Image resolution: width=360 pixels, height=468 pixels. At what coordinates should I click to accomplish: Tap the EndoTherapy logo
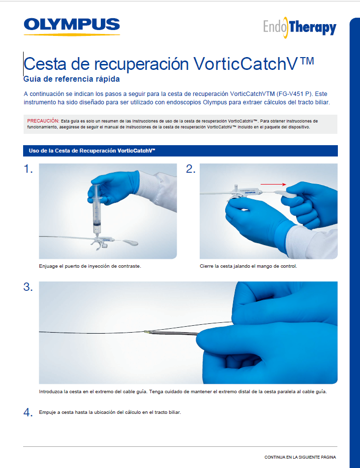click(x=300, y=28)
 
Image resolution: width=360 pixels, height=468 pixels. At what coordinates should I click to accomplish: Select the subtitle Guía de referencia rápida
click(x=71, y=79)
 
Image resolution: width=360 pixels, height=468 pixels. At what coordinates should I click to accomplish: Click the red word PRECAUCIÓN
click(x=43, y=121)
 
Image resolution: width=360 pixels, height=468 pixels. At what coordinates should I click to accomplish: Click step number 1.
click(x=28, y=169)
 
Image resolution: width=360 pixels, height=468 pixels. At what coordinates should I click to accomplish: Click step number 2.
click(x=191, y=169)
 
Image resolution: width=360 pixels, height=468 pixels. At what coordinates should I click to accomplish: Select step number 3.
click(x=28, y=287)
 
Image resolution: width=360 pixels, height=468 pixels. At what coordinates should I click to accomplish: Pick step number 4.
click(x=28, y=412)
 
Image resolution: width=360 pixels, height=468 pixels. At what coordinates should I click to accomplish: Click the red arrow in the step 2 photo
click(x=273, y=184)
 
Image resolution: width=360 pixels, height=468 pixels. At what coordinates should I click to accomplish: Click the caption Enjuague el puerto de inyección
click(x=90, y=266)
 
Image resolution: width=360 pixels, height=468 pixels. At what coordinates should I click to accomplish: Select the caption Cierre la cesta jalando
click(x=248, y=266)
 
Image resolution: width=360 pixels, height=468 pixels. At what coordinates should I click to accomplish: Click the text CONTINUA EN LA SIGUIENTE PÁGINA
click(x=300, y=457)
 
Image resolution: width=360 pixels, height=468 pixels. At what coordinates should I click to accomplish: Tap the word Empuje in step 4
click(x=48, y=412)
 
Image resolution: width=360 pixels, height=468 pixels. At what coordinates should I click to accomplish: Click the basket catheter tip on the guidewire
click(x=148, y=333)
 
